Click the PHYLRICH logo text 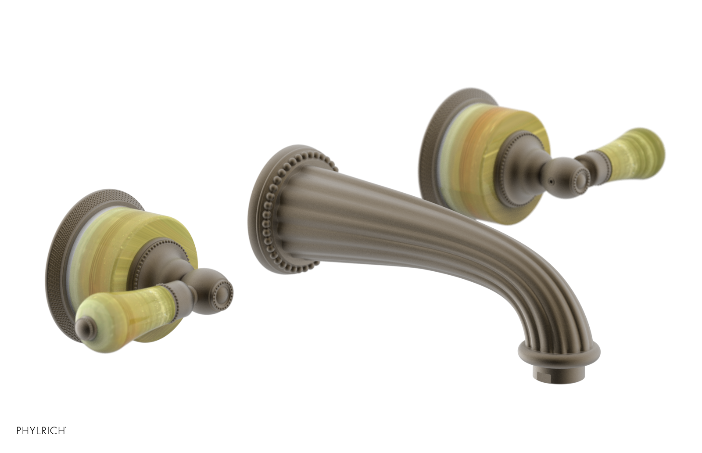click(x=41, y=430)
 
